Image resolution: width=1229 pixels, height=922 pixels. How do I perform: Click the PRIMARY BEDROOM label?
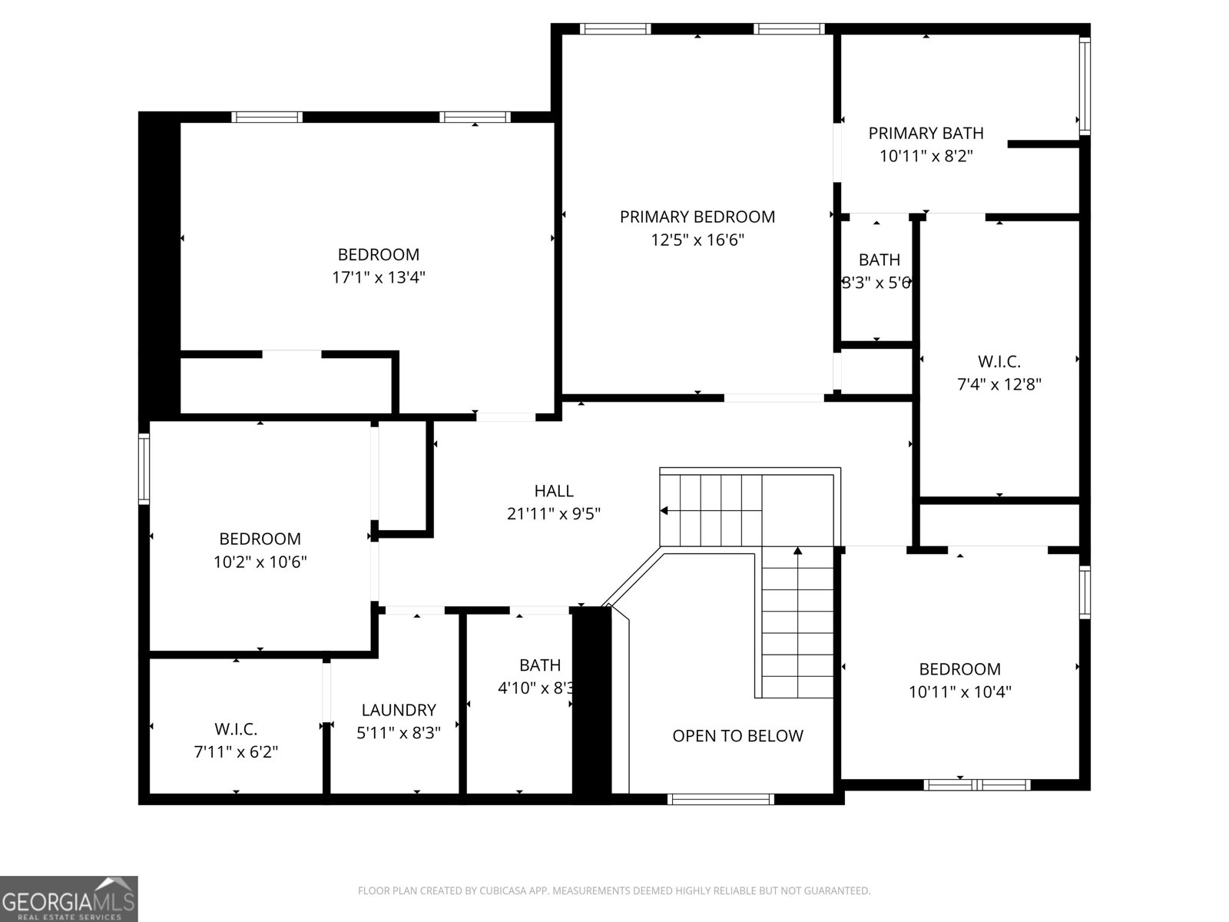pos(697,217)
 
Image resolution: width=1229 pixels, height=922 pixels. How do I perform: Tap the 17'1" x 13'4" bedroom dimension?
pos(379,277)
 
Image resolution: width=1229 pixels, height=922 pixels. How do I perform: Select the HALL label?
pos(554,491)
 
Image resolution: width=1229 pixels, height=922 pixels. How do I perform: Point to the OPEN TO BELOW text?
pos(737,736)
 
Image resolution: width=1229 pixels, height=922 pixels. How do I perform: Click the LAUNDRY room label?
pos(399,711)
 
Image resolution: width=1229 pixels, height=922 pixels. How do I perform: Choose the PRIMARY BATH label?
pos(926,133)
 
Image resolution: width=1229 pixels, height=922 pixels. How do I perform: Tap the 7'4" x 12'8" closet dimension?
pos(999,384)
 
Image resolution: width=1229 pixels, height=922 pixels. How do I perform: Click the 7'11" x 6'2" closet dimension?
pos(236,751)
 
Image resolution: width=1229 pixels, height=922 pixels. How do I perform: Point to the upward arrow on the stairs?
pos(797,551)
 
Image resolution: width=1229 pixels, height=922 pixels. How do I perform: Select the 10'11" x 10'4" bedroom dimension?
pos(959,691)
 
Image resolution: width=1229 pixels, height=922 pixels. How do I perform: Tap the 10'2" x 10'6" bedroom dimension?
pos(260,562)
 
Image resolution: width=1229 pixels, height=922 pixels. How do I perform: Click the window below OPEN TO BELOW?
pos(721,799)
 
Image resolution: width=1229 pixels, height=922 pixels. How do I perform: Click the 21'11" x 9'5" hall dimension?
pos(553,514)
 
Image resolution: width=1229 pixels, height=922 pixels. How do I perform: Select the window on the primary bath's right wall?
pos(1085,87)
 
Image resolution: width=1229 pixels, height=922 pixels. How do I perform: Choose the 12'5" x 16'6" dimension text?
pos(697,240)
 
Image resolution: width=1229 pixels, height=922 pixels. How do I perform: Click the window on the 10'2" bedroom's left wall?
pos(144,469)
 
